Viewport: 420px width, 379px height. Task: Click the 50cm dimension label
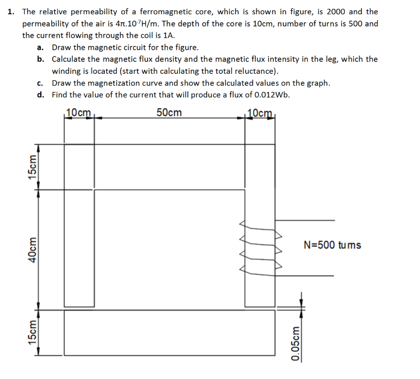pyautogui.click(x=169, y=113)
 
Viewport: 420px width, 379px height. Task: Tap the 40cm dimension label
pyautogui.click(x=33, y=249)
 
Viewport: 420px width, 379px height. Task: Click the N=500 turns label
pyautogui.click(x=332, y=245)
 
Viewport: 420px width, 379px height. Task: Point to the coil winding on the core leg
pyautogui.click(x=260, y=245)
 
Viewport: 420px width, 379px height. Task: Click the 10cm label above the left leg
pyautogui.click(x=79, y=112)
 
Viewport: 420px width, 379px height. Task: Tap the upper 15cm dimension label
pyautogui.click(x=33, y=167)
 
